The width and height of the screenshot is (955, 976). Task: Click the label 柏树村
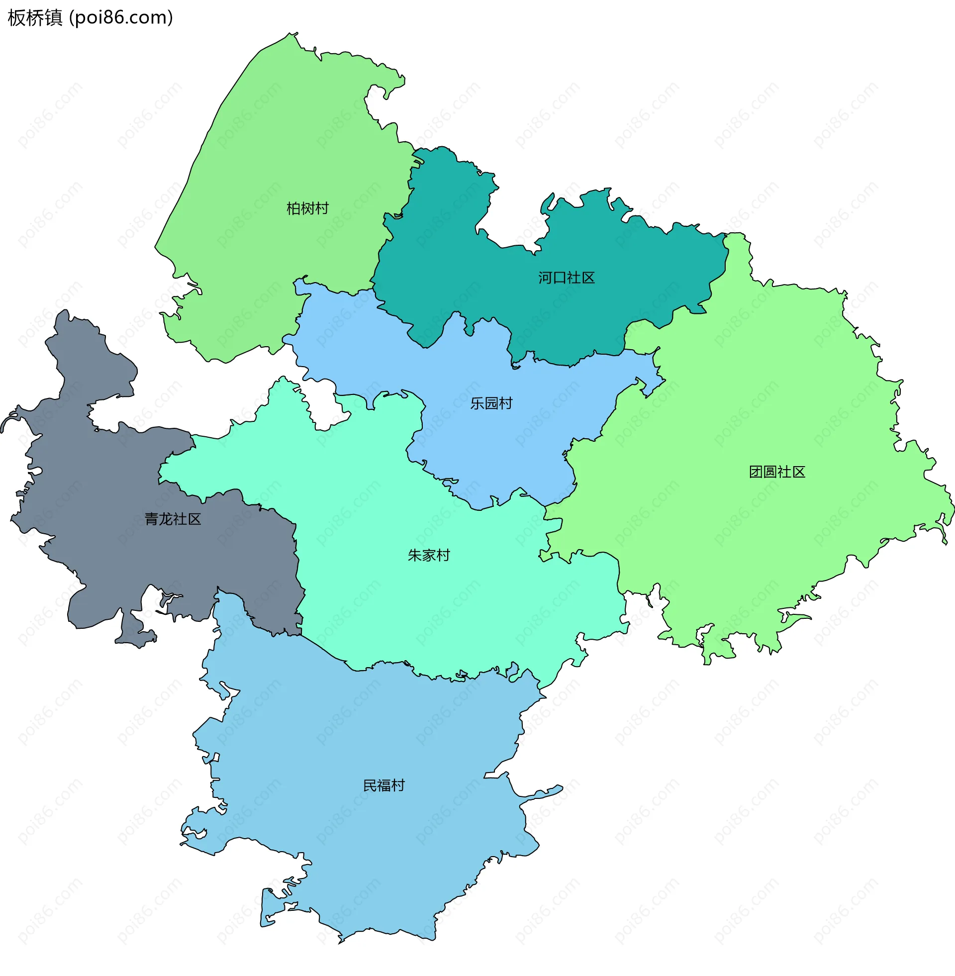(307, 208)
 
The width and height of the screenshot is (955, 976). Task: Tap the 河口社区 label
(566, 278)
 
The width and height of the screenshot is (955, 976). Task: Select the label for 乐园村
(491, 403)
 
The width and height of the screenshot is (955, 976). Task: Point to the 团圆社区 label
(777, 472)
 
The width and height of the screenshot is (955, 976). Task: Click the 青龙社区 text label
(173, 519)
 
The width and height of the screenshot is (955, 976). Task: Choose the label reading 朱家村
(429, 555)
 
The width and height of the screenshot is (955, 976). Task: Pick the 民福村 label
(383, 785)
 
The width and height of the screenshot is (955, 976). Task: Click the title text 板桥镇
(35, 17)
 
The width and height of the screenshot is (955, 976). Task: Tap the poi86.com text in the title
(121, 17)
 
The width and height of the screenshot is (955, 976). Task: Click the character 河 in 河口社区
(545, 278)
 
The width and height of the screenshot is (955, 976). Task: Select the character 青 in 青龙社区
(152, 519)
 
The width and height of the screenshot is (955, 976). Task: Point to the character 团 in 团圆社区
(756, 472)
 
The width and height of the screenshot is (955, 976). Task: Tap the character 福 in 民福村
(383, 785)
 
